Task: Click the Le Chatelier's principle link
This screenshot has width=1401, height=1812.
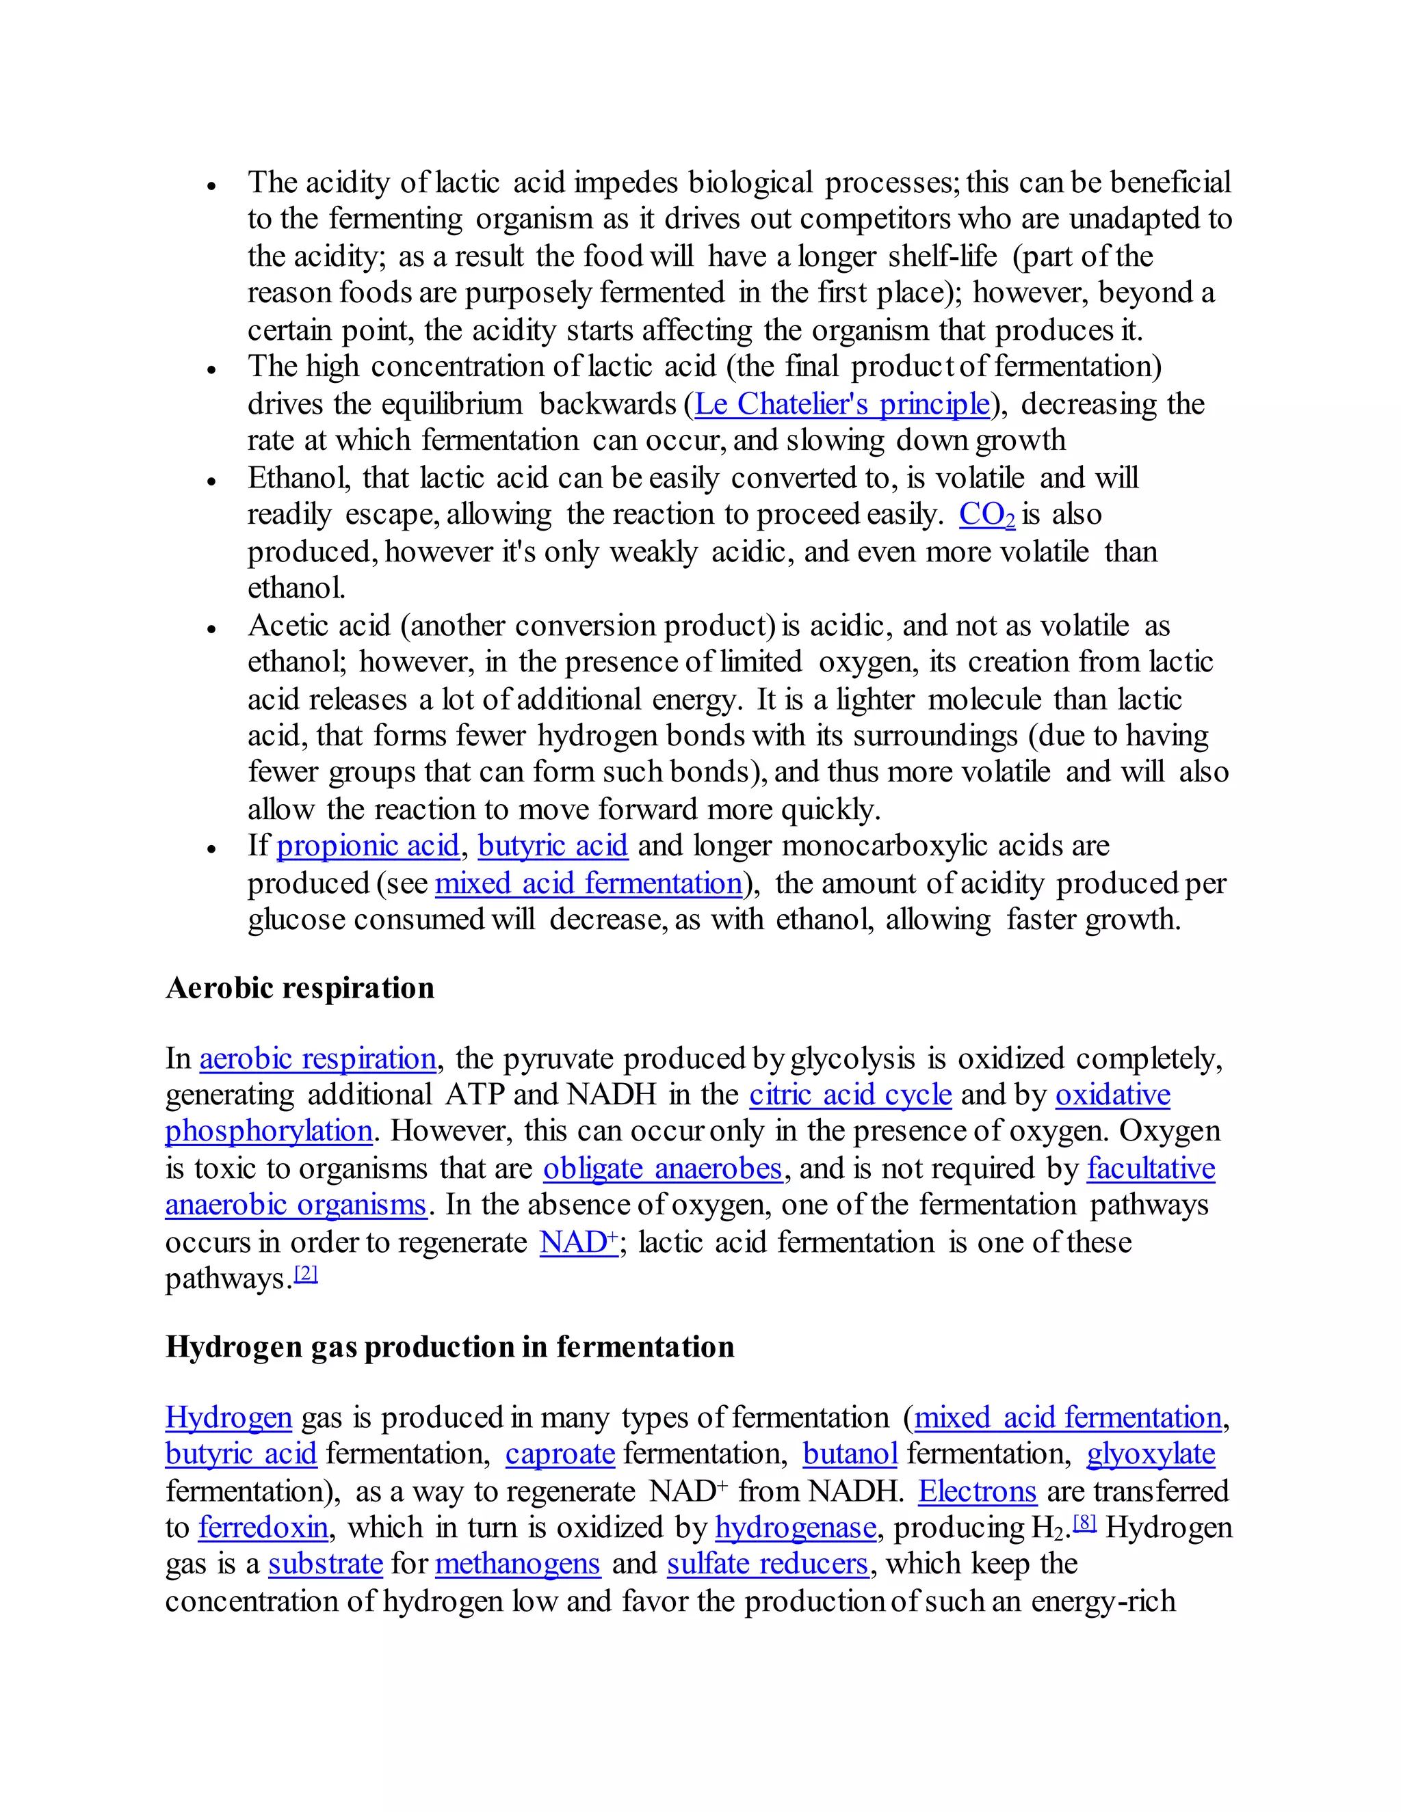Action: point(842,404)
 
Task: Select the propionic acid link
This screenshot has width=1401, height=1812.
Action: point(367,845)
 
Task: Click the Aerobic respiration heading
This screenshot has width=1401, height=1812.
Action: point(300,988)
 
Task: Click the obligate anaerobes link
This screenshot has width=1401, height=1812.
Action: point(662,1168)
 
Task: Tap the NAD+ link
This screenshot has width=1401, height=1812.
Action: point(579,1242)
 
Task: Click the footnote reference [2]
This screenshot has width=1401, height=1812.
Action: point(306,1274)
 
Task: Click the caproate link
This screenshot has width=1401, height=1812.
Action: point(560,1454)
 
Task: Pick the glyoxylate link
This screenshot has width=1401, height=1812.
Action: point(1151,1454)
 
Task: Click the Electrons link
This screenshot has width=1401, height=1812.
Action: point(977,1491)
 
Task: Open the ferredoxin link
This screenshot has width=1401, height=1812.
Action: point(263,1528)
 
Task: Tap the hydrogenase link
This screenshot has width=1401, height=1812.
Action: point(795,1528)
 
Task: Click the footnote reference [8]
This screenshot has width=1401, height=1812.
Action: point(1085,1523)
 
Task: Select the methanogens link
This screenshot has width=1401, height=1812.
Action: point(517,1564)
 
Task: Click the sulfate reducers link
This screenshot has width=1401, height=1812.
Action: point(768,1564)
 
